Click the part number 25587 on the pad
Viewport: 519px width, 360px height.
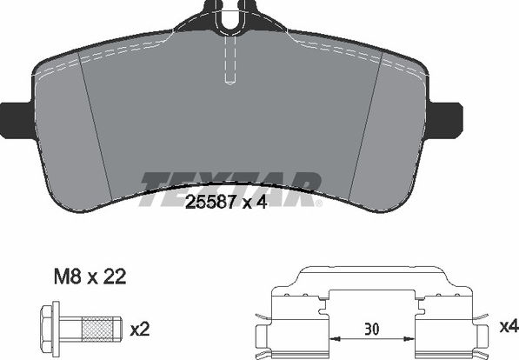(210, 202)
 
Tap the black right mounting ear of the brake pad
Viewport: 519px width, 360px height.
(445, 121)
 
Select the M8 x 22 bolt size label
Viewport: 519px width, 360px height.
(90, 277)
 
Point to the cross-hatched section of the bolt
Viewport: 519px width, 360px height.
(97, 329)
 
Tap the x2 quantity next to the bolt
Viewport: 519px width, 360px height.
(140, 330)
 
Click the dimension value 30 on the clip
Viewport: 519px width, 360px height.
(372, 330)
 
